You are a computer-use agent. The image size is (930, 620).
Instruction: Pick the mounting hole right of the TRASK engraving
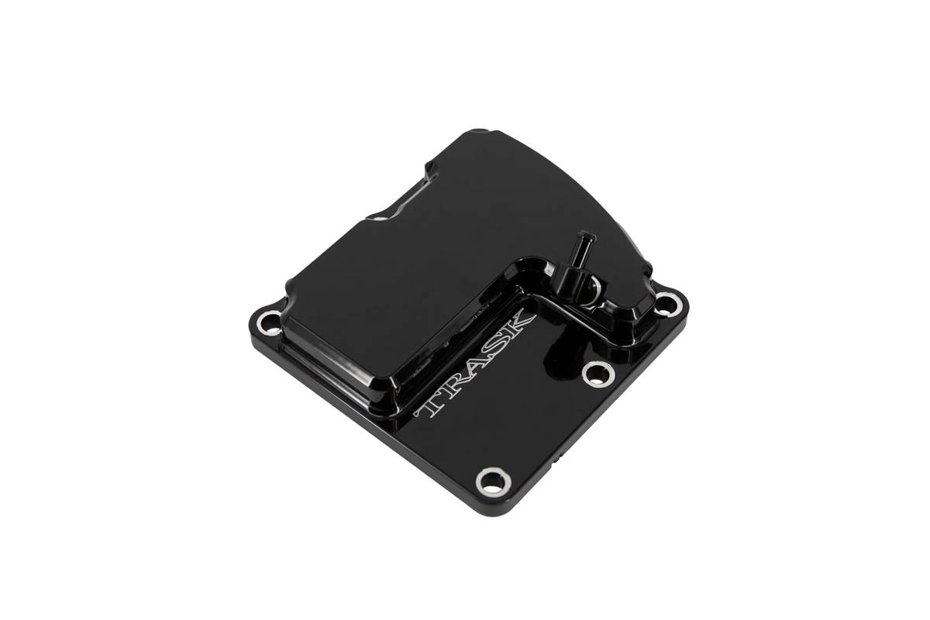pyautogui.click(x=598, y=374)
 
